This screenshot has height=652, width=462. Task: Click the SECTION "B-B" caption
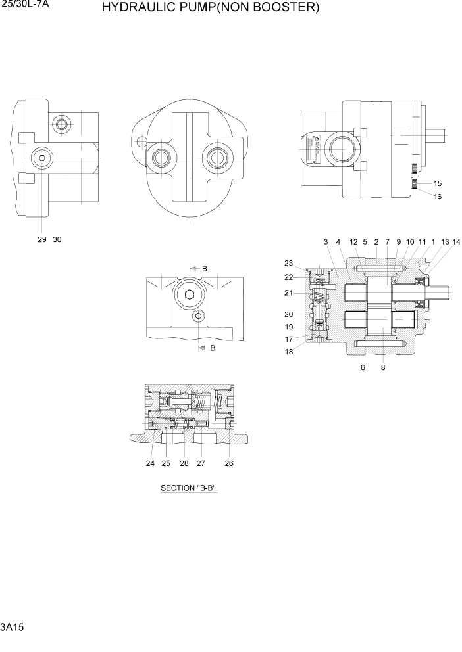tap(189, 488)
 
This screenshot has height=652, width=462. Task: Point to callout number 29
tap(42, 239)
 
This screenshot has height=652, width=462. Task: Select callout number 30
tap(57, 239)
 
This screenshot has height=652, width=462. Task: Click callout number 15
tap(438, 183)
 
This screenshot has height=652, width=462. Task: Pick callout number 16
tap(438, 196)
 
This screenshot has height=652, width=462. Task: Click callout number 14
tap(456, 242)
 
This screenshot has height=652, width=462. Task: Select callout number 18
tap(288, 352)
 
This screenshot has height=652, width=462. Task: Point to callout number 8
tap(383, 367)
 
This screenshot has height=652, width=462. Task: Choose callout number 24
tap(150, 463)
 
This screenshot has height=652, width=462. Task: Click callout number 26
tap(229, 463)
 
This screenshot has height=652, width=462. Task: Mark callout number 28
tap(184, 463)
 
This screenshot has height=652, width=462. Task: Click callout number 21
tap(288, 292)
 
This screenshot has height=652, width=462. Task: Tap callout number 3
tap(326, 242)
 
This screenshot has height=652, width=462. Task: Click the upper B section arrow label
tap(205, 269)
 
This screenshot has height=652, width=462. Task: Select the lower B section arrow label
tap(213, 348)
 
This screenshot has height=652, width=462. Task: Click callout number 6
tap(363, 367)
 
